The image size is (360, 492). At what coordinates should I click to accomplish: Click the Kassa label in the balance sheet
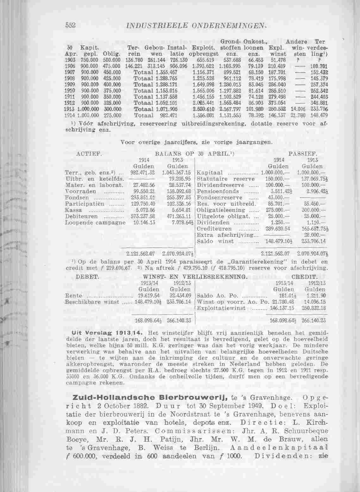[x=73, y=210]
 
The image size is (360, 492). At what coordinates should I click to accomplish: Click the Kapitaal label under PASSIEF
[x=210, y=173]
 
